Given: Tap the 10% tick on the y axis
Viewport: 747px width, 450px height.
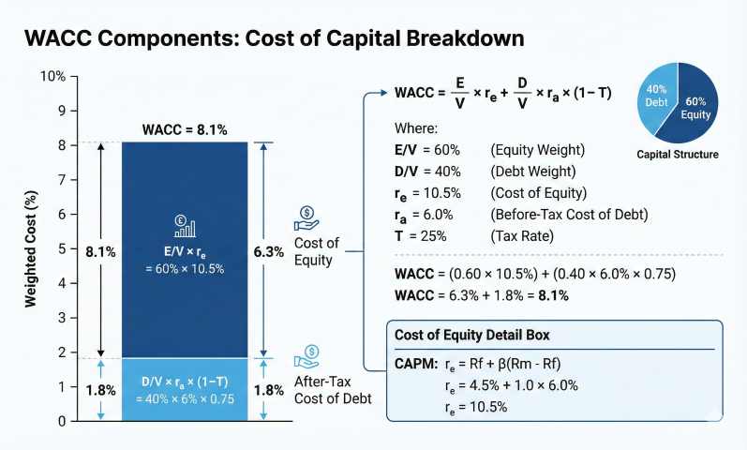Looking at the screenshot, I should tap(55, 76).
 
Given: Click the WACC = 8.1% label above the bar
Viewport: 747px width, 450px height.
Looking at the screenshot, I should tap(185, 128).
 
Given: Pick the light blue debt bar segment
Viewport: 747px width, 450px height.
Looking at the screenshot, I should tap(185, 389).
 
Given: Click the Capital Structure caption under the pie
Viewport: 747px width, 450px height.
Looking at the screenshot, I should tap(677, 154).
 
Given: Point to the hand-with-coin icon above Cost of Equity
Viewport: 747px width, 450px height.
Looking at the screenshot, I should tap(307, 218).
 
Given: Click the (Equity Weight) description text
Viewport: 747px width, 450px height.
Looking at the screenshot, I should tap(538, 151).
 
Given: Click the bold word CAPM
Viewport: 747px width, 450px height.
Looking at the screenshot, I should tap(415, 363).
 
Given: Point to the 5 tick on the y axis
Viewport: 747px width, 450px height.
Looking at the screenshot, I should tap(58, 248).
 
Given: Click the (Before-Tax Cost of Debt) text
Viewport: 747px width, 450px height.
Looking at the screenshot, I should tap(568, 214).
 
